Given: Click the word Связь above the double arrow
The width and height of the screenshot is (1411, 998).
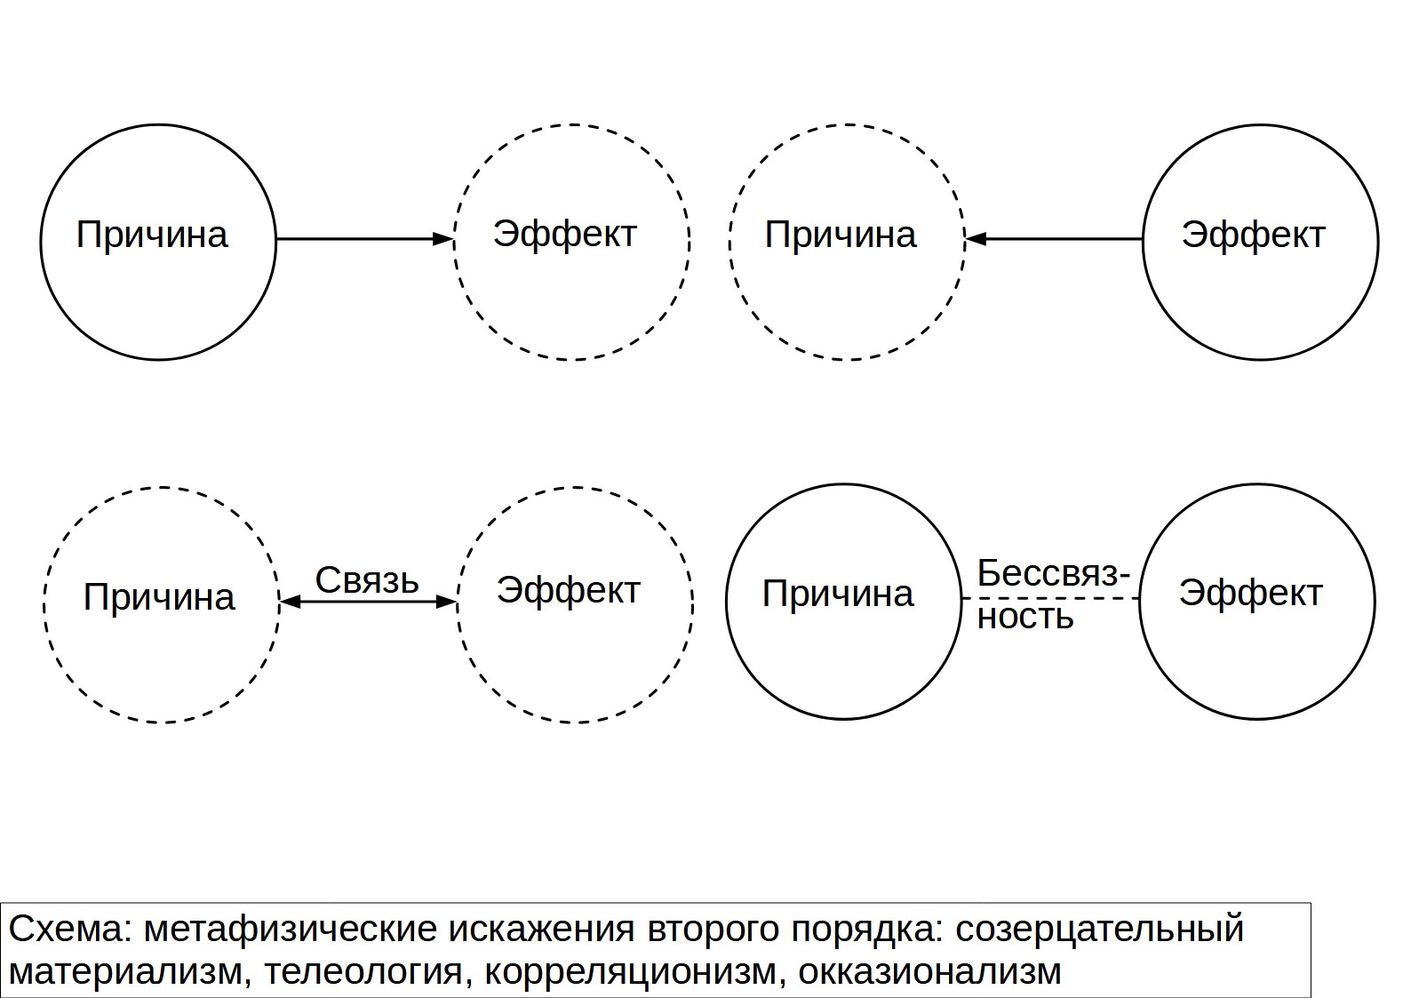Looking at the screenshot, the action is pyautogui.click(x=367, y=579).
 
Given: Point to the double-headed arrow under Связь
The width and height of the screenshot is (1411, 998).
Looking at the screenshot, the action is pyautogui.click(x=369, y=603).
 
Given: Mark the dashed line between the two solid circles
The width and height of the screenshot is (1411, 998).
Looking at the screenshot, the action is pyautogui.click(x=1050, y=598).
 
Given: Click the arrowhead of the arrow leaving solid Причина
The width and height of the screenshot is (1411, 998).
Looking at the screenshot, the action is pyautogui.click(x=443, y=239).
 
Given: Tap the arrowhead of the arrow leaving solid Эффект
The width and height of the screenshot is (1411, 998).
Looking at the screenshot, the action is pyautogui.click(x=977, y=239).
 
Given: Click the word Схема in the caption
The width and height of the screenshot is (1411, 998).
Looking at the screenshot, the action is pyautogui.click(x=70, y=928).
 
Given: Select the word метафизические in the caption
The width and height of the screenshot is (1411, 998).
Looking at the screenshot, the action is pyautogui.click(x=291, y=930).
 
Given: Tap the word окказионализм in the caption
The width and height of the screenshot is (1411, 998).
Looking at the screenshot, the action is pyautogui.click(x=929, y=971).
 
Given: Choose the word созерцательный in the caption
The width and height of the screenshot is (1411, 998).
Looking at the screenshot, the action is pyautogui.click(x=1100, y=930).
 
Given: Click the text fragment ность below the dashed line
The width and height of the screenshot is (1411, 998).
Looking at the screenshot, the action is pyautogui.click(x=1024, y=616).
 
